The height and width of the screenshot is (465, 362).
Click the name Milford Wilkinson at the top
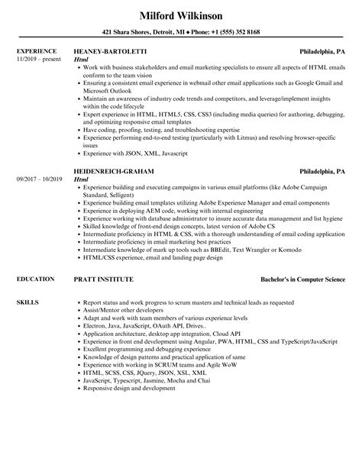click(x=180, y=15)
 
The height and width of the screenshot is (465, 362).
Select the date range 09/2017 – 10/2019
click(x=39, y=178)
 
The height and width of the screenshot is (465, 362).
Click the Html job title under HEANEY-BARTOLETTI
click(x=82, y=60)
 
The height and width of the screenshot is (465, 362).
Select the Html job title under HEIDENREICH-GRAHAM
click(x=82, y=178)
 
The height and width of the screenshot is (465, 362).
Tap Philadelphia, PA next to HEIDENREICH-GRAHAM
click(x=322, y=171)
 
